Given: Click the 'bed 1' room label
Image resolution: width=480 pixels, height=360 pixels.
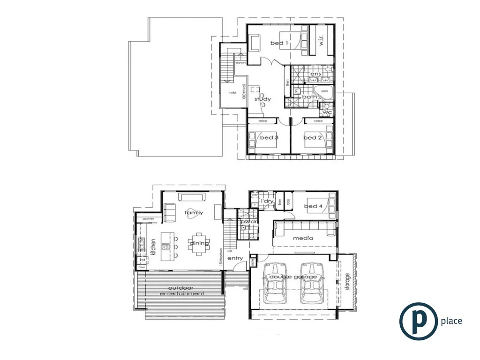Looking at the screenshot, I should click(279, 44).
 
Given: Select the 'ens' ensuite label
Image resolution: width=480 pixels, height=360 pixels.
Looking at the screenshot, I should click(315, 75).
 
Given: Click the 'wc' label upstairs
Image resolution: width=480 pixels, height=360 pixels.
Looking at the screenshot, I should click(328, 112).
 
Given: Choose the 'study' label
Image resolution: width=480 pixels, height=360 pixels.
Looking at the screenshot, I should click(263, 99).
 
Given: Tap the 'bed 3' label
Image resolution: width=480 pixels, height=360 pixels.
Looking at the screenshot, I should click(269, 138).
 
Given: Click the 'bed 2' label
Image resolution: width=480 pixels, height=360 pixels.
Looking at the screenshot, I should click(313, 138).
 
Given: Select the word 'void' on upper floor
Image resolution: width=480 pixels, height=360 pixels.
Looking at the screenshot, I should click(232, 93).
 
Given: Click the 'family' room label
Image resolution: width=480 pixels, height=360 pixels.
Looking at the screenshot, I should click(194, 213).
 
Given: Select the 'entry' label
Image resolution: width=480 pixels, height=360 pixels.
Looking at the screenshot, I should click(235, 259).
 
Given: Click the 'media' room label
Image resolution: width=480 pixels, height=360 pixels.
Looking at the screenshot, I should click(302, 238).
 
